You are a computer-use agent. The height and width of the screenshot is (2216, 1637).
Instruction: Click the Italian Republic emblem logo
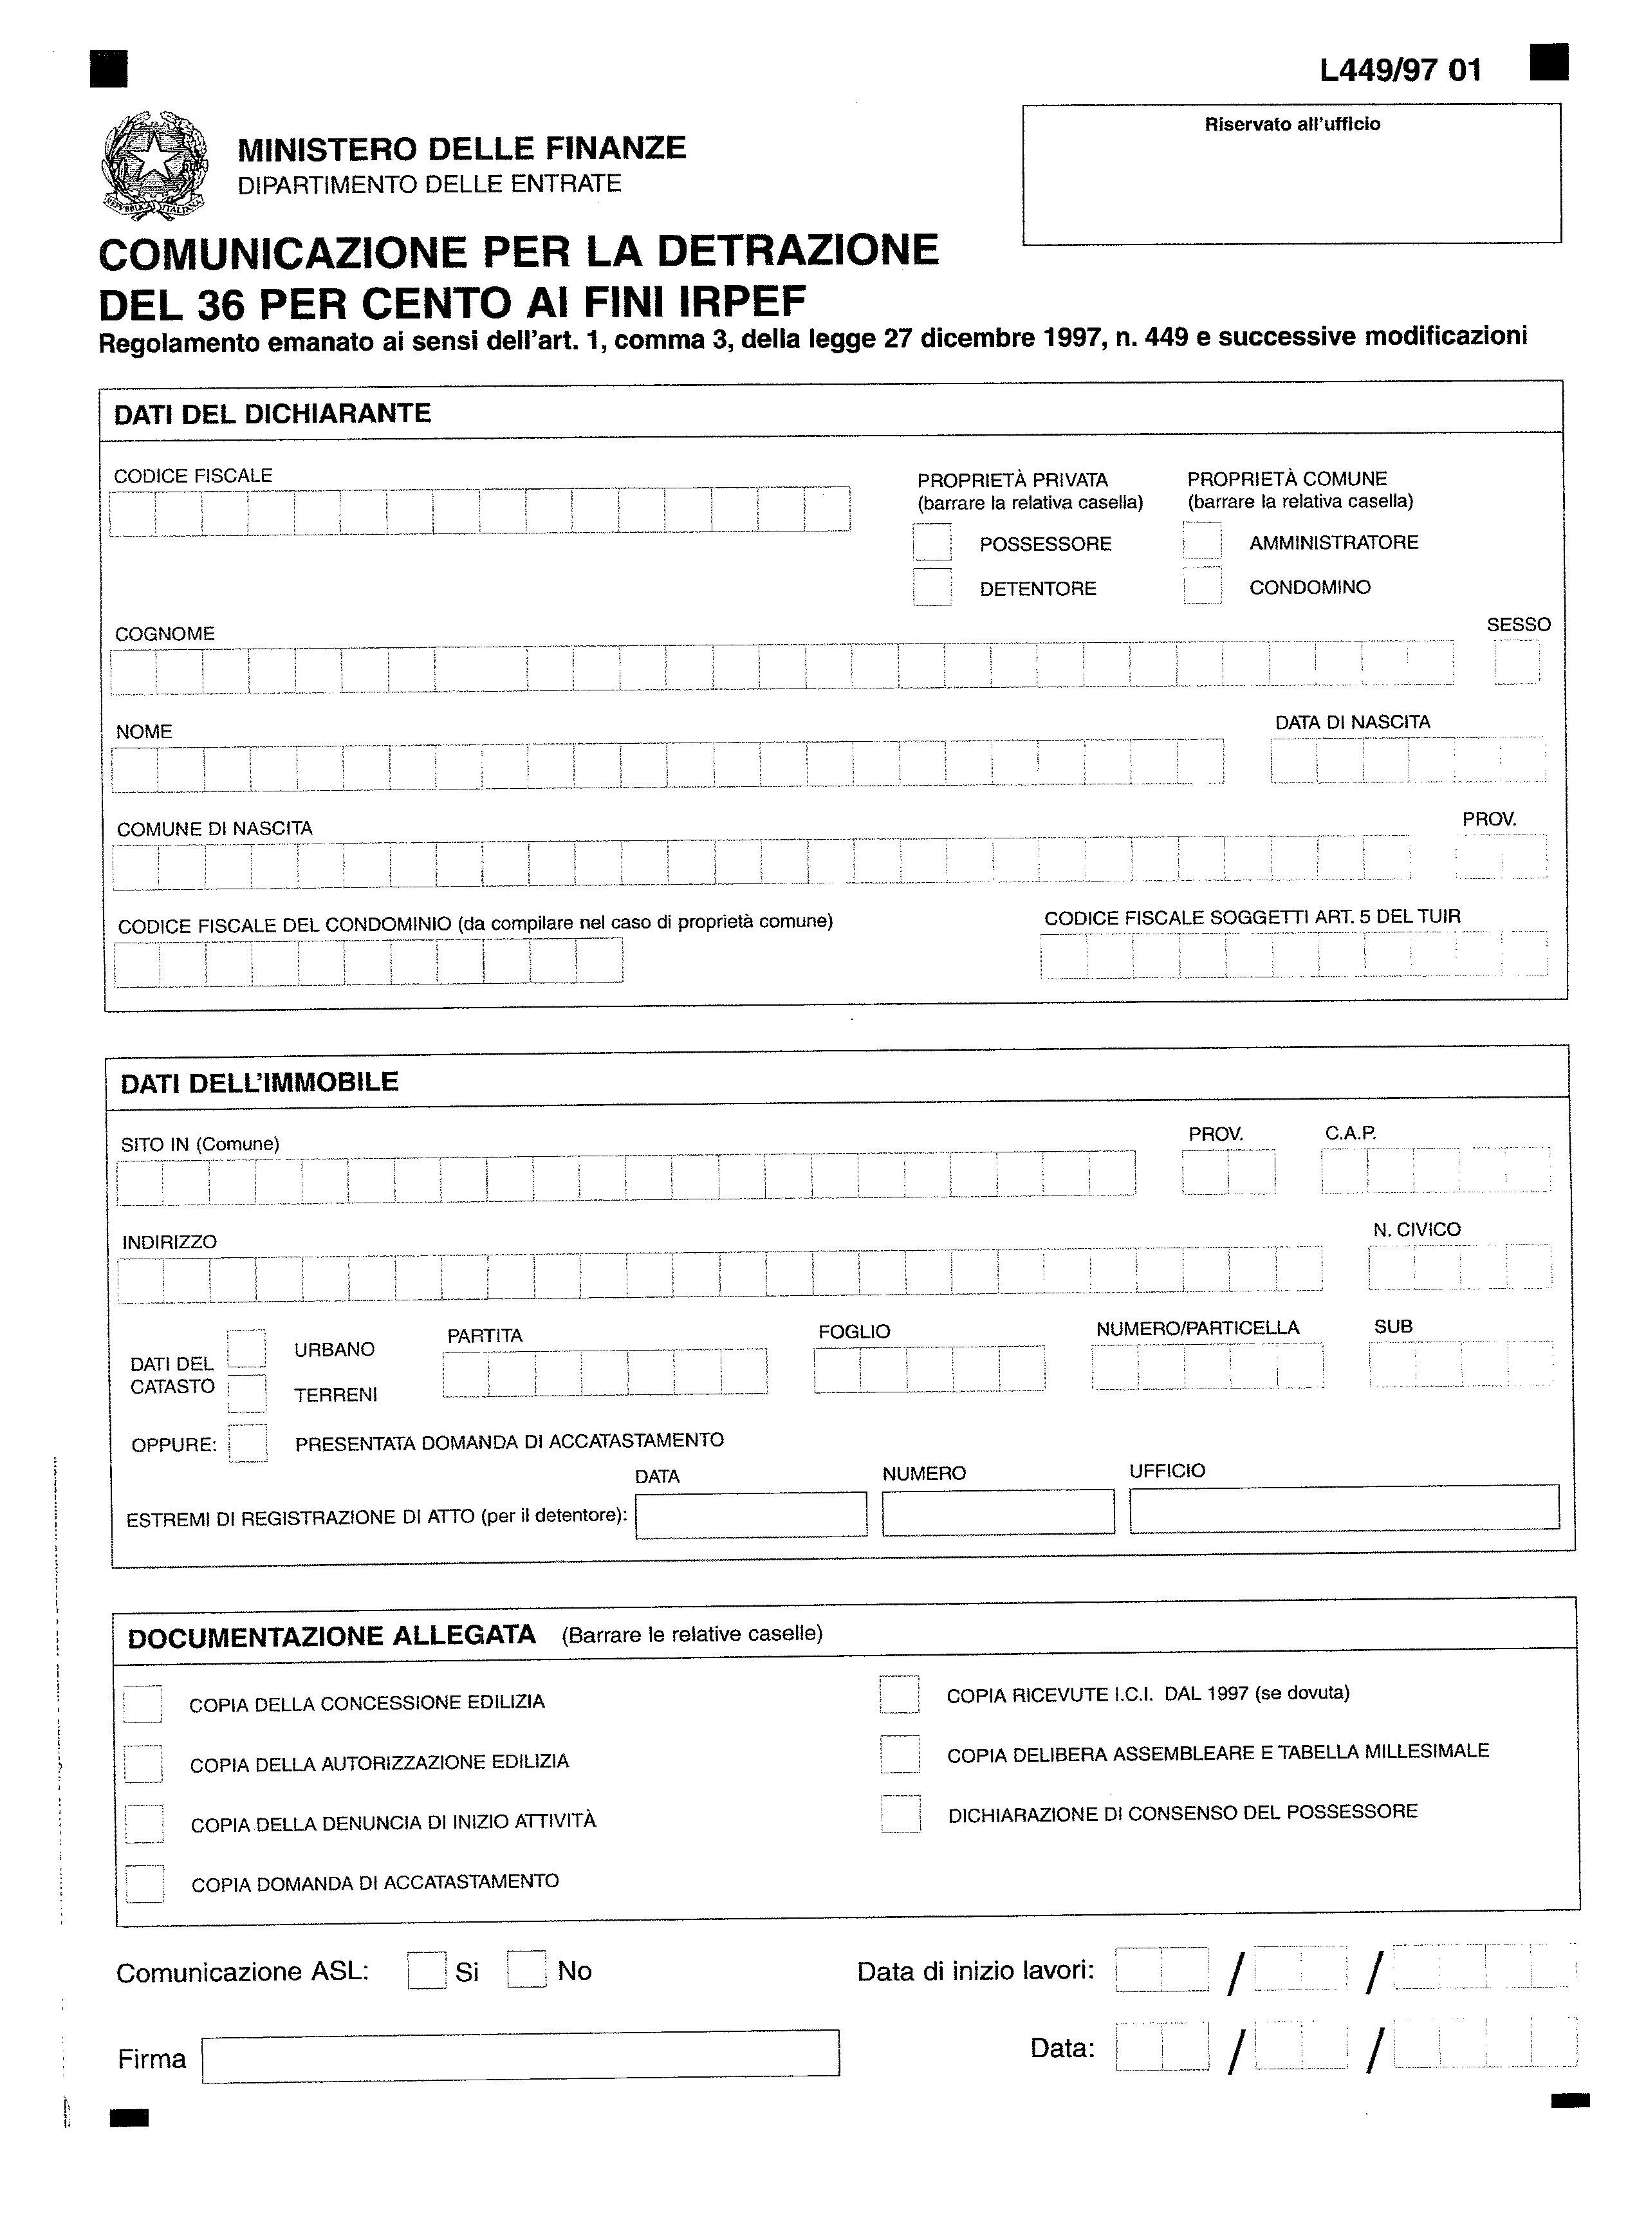pyautogui.click(x=156, y=165)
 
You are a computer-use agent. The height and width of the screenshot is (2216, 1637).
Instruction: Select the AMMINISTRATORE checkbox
pyautogui.click(x=1202, y=541)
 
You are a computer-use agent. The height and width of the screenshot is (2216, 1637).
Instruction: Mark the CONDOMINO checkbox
pyautogui.click(x=1202, y=586)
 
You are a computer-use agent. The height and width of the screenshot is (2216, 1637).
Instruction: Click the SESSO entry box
pyautogui.click(x=1516, y=661)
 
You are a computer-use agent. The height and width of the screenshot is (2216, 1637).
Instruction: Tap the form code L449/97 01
pyautogui.click(x=1400, y=70)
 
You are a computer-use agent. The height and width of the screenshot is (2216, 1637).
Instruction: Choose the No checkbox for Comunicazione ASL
pyautogui.click(x=526, y=1968)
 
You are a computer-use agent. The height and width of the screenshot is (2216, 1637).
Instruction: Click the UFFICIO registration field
pyautogui.click(x=1344, y=1510)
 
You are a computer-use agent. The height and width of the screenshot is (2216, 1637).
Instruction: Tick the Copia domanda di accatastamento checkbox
pyautogui.click(x=145, y=1883)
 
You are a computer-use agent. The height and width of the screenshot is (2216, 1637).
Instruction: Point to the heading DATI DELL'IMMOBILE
pyautogui.click(x=259, y=1082)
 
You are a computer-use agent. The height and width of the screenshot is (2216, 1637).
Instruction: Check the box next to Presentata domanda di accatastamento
pyautogui.click(x=248, y=1443)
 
